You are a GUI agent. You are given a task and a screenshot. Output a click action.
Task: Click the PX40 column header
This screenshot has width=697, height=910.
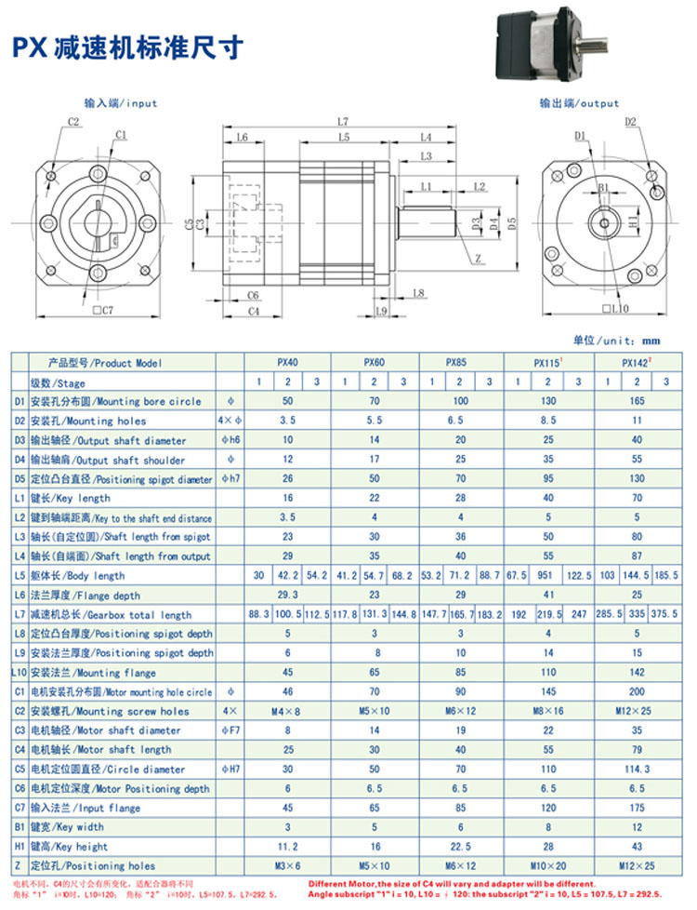287,363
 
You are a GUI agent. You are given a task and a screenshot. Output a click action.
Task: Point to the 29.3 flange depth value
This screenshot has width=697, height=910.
287,595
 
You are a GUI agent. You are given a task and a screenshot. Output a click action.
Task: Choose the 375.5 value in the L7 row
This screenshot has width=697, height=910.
664,614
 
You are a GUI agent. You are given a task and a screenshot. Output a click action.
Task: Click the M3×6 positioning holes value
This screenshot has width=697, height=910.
287,866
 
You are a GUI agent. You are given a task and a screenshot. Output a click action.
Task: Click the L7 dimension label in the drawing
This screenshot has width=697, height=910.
343,122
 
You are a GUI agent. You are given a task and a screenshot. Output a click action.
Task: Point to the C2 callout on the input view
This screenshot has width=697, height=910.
74,122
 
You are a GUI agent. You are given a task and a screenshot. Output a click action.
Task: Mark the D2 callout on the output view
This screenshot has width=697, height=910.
629,122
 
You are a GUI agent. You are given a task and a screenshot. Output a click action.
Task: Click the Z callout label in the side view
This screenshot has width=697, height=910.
477,259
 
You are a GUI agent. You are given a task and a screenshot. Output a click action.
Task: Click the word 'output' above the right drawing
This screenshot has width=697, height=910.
598,103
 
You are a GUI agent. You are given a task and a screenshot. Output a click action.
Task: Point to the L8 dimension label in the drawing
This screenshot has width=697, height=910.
417,293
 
